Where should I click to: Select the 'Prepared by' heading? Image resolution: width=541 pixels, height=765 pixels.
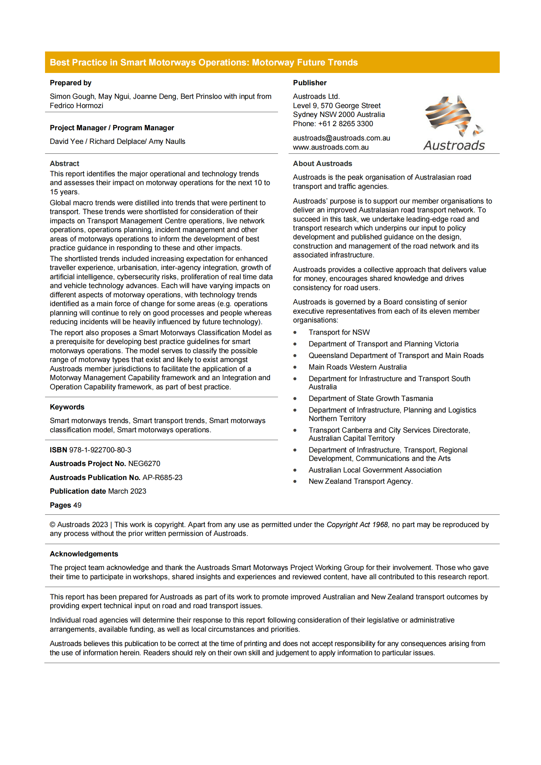coord(71,83)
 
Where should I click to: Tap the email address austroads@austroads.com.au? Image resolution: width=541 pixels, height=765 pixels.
coord(341,138)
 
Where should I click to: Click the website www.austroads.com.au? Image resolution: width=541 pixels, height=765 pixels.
coord(331,147)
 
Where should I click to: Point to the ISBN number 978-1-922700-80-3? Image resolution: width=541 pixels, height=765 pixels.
coord(100,450)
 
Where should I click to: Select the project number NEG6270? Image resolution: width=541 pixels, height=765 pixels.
coord(144,464)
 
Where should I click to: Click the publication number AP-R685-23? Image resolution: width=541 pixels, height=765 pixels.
coord(162,478)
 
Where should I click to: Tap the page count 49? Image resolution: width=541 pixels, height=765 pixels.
coord(77,505)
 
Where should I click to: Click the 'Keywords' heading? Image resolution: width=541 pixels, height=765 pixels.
coord(67,407)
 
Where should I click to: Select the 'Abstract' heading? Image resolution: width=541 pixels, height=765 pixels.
coord(64,164)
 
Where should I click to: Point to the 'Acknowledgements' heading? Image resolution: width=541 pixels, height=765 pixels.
coord(84,554)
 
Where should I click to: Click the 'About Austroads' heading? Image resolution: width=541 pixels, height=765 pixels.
coord(322,164)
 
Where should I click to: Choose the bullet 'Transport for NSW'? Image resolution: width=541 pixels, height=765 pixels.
coord(339,332)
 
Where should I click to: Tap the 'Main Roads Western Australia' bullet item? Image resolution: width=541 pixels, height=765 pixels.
coord(357,367)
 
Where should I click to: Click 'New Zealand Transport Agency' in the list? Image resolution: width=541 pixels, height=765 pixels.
coord(360,481)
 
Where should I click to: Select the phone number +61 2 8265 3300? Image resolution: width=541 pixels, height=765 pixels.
coord(346,124)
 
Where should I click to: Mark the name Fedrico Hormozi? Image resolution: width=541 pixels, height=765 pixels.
coord(76,106)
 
